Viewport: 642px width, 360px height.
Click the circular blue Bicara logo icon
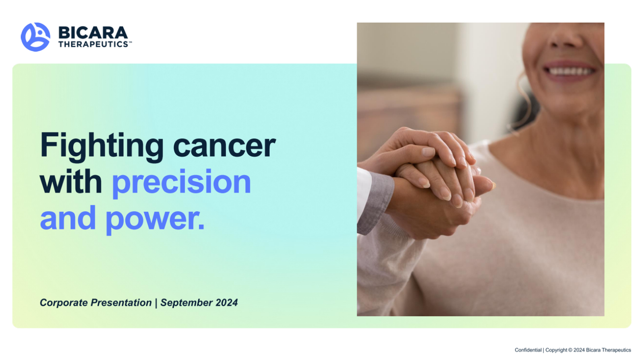[35, 37]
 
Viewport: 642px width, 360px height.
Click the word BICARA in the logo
[93, 33]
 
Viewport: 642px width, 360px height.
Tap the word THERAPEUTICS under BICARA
[94, 44]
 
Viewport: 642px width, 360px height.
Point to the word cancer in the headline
[225, 146]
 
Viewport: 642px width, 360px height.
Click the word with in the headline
[71, 181]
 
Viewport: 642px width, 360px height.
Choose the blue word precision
[181, 183]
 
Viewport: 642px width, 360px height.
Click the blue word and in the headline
[67, 218]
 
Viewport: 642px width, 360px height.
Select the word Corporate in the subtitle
[64, 303]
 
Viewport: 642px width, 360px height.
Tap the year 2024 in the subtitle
[226, 303]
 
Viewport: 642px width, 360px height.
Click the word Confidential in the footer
[528, 350]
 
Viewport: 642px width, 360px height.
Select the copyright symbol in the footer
[570, 350]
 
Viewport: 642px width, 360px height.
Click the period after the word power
[201, 227]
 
